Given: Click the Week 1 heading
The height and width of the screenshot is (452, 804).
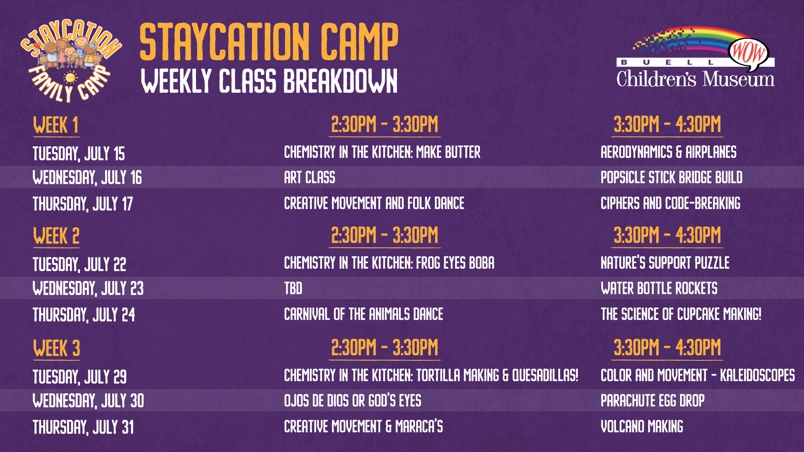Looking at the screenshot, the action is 56,125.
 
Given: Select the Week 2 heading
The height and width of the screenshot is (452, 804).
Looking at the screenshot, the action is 56,236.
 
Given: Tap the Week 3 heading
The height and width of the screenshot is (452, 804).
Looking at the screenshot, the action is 57,348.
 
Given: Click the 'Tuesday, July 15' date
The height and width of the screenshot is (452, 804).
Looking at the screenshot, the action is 79,154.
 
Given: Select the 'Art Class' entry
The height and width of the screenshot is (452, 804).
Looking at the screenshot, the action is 309,177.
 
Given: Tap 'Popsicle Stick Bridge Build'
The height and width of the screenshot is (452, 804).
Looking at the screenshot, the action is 671,177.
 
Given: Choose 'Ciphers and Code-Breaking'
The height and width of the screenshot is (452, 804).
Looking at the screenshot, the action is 670,203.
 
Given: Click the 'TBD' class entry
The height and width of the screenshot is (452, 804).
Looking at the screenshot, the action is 293,288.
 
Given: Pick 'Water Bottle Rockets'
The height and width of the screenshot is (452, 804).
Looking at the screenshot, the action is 659,288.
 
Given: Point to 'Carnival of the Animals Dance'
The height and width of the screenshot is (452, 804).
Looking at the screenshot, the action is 363,314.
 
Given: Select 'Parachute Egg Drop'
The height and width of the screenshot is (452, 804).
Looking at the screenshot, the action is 652,401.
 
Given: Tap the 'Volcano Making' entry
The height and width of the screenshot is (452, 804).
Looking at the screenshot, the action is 642,427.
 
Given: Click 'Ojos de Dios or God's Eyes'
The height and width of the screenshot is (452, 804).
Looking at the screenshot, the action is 353,401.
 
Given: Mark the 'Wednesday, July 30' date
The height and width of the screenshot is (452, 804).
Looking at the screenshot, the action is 88,401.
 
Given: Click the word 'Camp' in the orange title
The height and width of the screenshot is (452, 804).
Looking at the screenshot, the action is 359,41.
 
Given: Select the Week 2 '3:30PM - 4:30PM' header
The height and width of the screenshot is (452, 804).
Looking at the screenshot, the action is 667,235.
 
